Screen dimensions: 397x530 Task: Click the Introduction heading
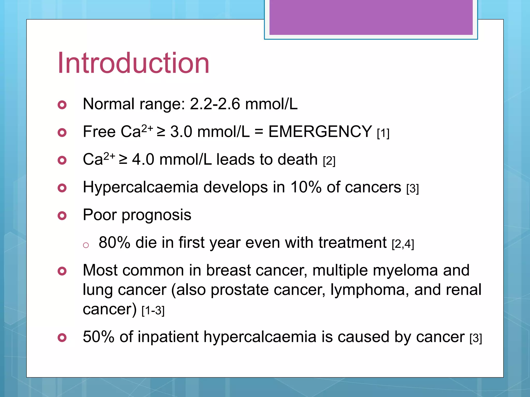pyautogui.click(x=133, y=63)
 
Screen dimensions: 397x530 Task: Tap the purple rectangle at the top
pyautogui.click(x=371, y=17)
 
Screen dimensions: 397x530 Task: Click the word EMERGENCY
pyautogui.click(x=320, y=132)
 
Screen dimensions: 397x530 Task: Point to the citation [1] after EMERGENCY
pyautogui.click(x=383, y=134)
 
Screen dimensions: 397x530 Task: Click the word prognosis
pyautogui.click(x=156, y=215)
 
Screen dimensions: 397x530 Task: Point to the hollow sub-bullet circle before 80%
pyautogui.click(x=86, y=245)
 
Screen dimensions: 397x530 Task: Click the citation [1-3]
pyautogui.click(x=153, y=310)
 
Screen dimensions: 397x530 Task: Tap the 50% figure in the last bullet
pyautogui.click(x=98, y=337)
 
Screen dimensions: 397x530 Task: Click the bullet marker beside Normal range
pyautogui.click(x=62, y=105)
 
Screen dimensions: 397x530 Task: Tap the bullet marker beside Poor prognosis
pyautogui.click(x=62, y=216)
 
